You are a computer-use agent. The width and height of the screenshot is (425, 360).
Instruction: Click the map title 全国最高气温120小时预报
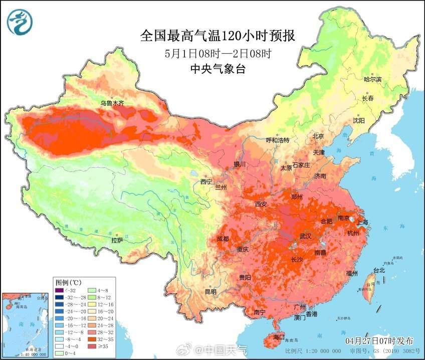[x=217, y=36]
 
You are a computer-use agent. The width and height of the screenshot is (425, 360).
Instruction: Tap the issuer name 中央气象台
[x=217, y=70]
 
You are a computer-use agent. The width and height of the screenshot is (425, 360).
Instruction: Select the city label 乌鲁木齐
[x=112, y=103]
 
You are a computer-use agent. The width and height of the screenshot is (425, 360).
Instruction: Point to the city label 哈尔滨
[x=372, y=79]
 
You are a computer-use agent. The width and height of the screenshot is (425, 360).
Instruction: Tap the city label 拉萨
[x=117, y=240]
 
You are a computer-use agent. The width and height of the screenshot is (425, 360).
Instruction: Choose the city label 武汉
[x=305, y=236]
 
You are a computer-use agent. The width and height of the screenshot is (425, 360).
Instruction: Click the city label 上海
[x=361, y=222]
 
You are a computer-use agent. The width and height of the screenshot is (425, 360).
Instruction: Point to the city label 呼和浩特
[x=277, y=140]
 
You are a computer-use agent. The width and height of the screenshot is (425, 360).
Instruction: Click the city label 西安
[x=262, y=204]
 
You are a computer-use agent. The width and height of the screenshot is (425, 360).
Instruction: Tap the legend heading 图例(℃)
[x=65, y=282]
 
